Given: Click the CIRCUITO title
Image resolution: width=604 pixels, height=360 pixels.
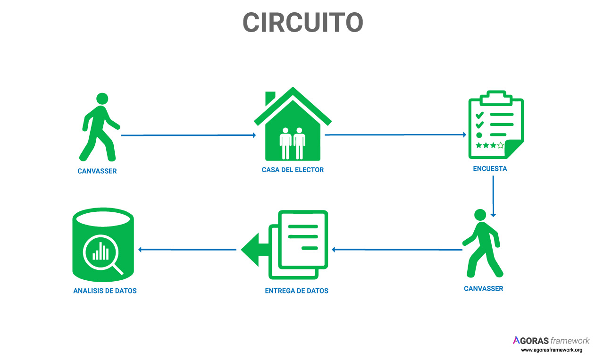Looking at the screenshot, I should click(x=302, y=22).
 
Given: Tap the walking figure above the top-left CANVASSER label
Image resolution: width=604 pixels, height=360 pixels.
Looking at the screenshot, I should click(x=100, y=127).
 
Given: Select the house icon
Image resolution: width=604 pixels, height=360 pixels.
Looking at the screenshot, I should click(x=293, y=125).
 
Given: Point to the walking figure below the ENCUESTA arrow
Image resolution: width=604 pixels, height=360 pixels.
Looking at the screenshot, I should click(x=482, y=243).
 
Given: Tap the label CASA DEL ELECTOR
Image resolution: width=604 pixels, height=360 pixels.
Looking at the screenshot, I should click(x=293, y=170).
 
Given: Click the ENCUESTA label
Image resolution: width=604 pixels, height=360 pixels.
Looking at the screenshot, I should click(x=490, y=168).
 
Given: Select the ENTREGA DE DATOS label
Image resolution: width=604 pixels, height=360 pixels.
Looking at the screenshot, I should click(x=296, y=291).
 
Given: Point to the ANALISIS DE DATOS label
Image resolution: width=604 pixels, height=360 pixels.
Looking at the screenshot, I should click(x=105, y=291).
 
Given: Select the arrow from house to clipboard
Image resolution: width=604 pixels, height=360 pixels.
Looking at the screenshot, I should click(x=395, y=135).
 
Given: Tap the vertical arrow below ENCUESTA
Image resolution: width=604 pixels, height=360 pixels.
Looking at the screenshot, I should click(x=493, y=196).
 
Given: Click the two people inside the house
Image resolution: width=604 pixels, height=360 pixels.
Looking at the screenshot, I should click(x=292, y=142).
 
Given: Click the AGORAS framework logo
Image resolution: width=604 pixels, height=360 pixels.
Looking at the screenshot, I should click(x=551, y=341).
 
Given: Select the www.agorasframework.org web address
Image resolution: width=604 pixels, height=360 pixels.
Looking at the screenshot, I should click(x=551, y=350).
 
